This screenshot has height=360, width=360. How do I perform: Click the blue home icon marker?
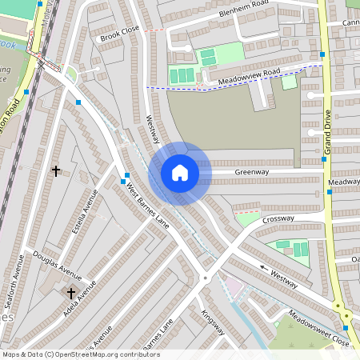(179, 173)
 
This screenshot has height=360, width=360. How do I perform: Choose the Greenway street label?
(251, 171)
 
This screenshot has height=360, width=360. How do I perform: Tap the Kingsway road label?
(213, 322)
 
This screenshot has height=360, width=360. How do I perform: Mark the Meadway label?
(343, 182)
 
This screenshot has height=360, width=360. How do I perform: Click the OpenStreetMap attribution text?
(81, 354)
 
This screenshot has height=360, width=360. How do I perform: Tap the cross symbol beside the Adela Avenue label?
(70, 293)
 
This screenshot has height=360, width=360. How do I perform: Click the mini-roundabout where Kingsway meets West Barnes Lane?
(205, 278)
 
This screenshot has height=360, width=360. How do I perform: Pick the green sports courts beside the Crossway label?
(293, 248)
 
